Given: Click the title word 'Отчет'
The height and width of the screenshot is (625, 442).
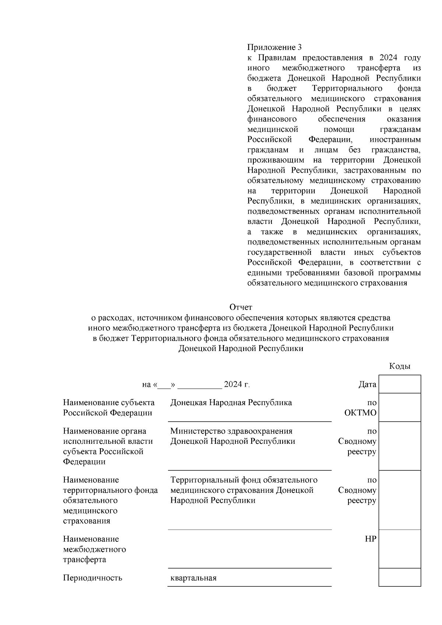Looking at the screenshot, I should pos(241,307).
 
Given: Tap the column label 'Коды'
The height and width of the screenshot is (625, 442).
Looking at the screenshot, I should pos(400,366).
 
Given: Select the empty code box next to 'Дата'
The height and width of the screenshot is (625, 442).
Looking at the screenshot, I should pos(400,384).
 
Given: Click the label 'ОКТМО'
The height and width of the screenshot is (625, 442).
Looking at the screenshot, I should pos(360,412).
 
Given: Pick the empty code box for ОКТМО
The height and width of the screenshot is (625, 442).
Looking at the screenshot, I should pos(400,407).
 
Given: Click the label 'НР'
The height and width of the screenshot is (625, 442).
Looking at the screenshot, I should pos(370,539).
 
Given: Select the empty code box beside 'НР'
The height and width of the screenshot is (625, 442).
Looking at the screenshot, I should pos(400,549).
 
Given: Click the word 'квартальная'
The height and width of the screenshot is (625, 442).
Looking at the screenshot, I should pos(193,577).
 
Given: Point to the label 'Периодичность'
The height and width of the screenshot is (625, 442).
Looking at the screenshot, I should pos(92,577).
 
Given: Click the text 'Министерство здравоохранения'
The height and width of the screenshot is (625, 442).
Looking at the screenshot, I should pos(231,431).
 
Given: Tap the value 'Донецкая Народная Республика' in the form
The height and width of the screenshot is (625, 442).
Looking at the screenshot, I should pos(231,403).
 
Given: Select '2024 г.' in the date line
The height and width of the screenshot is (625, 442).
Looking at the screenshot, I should pos(237,385).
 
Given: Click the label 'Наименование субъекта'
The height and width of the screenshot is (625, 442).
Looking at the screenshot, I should pos(109,403).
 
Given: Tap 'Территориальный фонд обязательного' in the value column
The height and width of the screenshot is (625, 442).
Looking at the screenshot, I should pos(244,480).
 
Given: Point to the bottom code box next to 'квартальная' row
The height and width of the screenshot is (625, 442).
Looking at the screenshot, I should pos(400,577).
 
